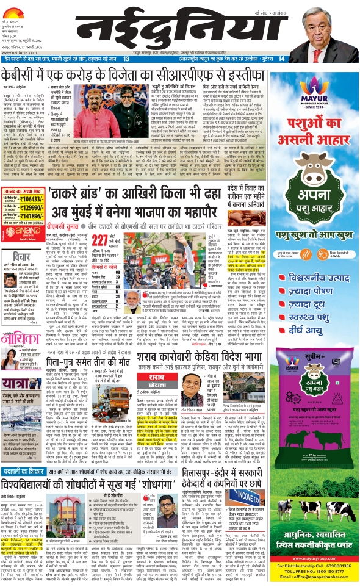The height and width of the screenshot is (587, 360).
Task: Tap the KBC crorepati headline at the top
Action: click(x=124, y=76)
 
